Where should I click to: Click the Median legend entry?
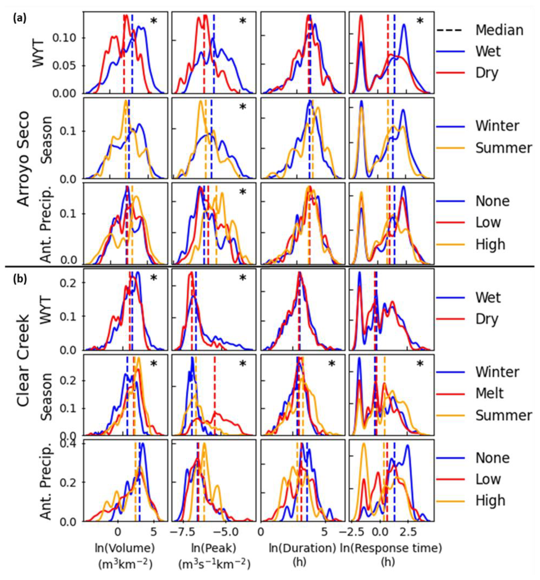coord(499,30)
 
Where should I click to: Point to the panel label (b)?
coord(20,279)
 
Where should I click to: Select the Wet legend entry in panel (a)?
coord(488,51)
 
